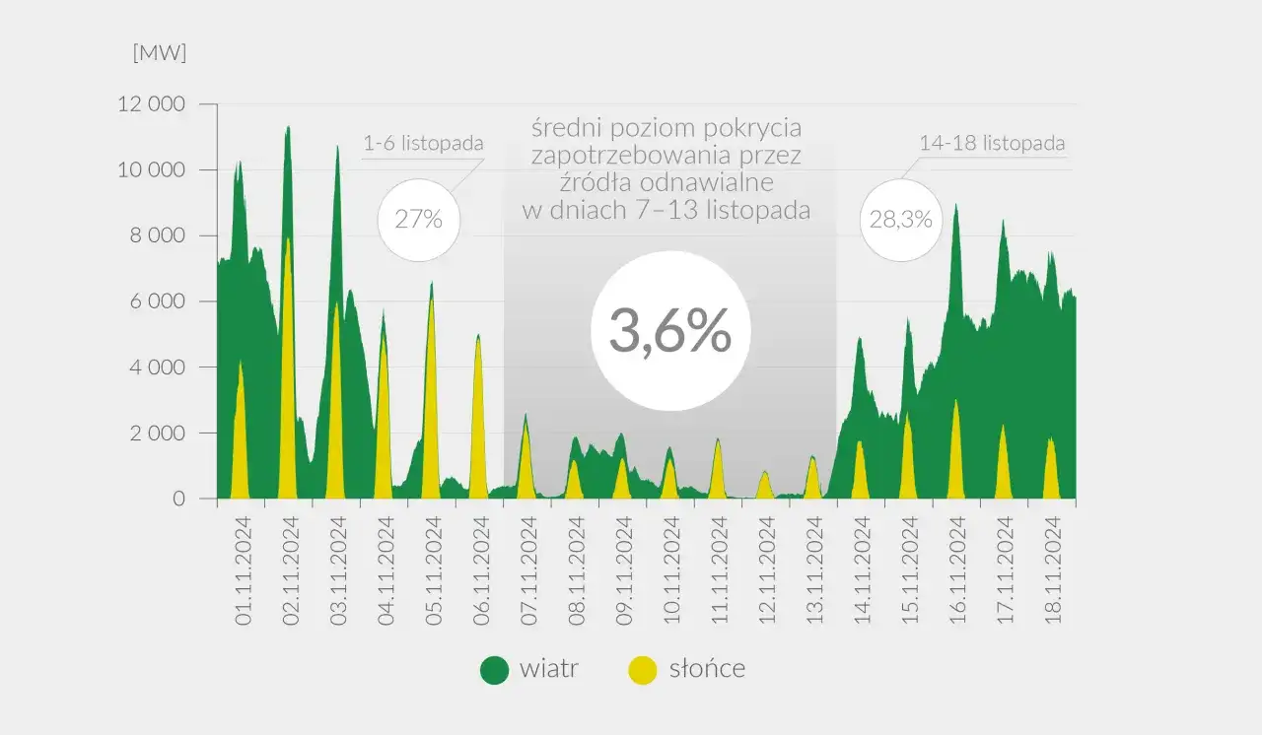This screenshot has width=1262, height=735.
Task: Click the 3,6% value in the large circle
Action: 670,331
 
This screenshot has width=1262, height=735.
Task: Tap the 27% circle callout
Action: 418,220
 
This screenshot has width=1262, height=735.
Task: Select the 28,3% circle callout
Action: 900,220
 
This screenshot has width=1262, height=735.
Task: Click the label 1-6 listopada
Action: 424,144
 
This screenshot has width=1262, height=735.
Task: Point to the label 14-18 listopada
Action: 992,143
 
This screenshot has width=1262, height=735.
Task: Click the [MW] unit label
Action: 160,54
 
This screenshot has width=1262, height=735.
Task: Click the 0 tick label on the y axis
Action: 178,500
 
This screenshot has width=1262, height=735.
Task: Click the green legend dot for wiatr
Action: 494,671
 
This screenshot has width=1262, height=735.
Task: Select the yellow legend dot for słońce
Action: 643,671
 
